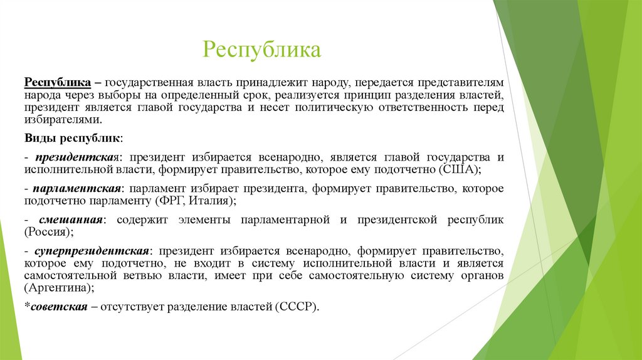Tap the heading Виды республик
(73, 137)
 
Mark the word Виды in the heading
(39, 137)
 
